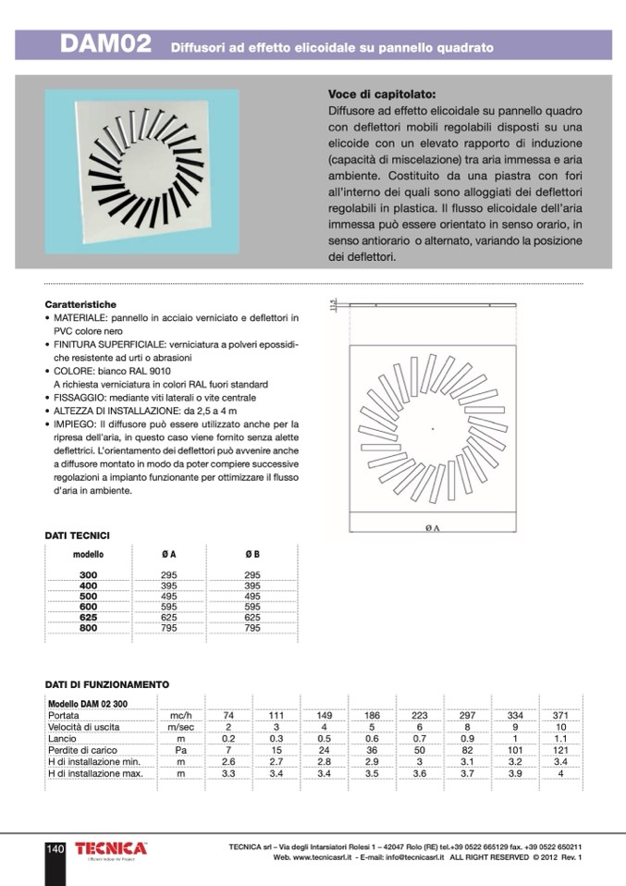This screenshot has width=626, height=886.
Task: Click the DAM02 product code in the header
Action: pyautogui.click(x=104, y=45)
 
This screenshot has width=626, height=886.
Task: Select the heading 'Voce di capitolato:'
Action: pyautogui.click(x=382, y=94)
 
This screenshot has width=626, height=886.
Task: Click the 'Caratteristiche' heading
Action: pyautogui.click(x=80, y=303)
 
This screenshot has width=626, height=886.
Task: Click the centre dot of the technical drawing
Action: pyautogui.click(x=433, y=428)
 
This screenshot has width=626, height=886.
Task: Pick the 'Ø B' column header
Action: pyautogui.click(x=252, y=555)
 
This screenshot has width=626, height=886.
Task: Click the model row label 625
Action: pyautogui.click(x=89, y=617)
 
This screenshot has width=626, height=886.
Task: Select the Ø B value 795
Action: pyautogui.click(x=252, y=628)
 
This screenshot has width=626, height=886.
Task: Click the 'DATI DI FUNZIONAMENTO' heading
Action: pyautogui.click(x=107, y=684)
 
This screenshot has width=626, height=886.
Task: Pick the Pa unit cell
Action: pyautogui.click(x=181, y=750)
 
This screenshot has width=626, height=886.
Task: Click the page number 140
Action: pyautogui.click(x=55, y=849)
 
